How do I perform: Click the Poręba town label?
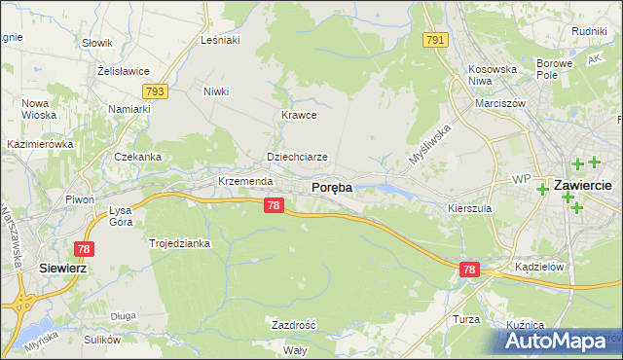coord(331,187)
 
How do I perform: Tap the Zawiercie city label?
coord(581,185)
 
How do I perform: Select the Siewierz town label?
coord(62,267)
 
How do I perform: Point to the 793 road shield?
coord(154,91)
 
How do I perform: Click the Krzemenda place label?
coord(243,182)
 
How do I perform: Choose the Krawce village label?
coord(300,115)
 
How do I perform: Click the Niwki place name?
coord(216,92)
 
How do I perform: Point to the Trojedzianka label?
coord(179,243)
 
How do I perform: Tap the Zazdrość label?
coord(293,324)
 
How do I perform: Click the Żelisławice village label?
coord(122,70)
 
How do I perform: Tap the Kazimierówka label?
coord(40,144)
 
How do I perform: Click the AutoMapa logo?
coord(559,341)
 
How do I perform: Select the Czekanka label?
coord(137,157)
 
